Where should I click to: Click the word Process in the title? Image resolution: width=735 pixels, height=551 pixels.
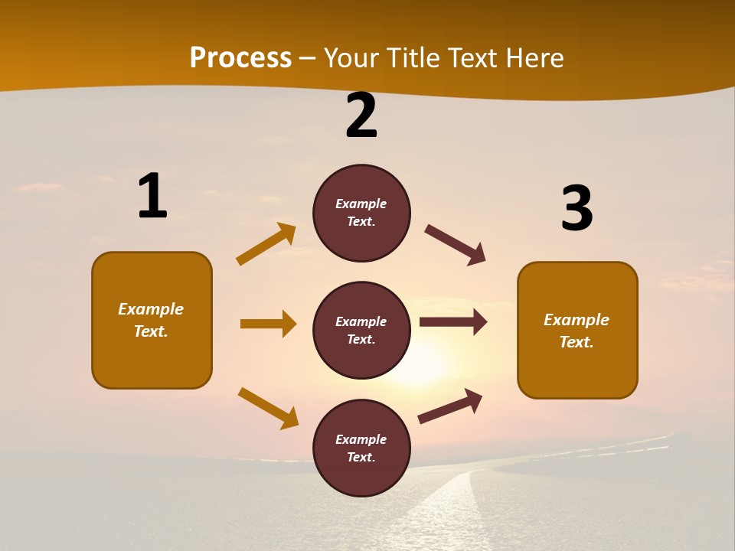pos(240,58)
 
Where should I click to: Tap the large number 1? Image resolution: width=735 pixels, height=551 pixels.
pos(152,197)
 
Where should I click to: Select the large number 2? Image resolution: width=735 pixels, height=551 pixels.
pos(361,116)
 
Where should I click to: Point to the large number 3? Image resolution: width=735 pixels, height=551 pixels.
pos(577,209)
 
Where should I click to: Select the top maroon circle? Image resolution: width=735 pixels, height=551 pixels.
pos(361,213)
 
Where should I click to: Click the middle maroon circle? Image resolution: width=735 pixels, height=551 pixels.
pos(361,331)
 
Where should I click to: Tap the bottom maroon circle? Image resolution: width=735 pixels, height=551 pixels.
pos(361,448)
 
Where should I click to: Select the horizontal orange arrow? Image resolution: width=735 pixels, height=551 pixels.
pos(268,324)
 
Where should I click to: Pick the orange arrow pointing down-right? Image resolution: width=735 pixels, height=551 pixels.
pos(269,408)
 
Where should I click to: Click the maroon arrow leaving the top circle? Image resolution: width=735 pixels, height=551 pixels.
pos(456,245)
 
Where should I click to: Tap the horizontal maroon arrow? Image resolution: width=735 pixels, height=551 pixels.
pos(453,322)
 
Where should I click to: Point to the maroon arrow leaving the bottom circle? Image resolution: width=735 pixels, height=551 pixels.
pos(450,406)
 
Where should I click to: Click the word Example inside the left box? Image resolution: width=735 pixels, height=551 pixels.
pos(151,309)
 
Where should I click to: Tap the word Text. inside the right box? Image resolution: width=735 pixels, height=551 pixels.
pos(577,342)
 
